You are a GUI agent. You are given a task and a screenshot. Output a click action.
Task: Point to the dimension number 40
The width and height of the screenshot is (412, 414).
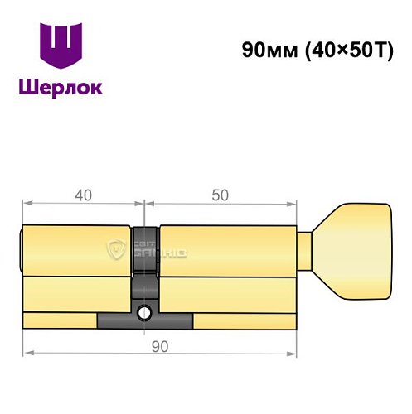coord(82,195)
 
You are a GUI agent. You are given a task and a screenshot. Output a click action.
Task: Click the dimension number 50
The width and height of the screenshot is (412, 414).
coord(220,195)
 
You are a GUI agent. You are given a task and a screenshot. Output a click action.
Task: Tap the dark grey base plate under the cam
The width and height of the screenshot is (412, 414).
coord(145,320)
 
